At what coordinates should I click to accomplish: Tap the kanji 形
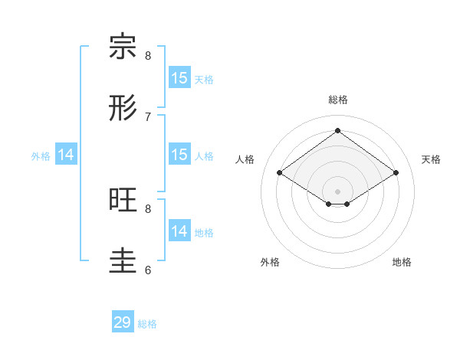[123, 108]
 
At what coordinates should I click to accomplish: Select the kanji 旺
[123, 200]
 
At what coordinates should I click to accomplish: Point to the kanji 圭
[123, 261]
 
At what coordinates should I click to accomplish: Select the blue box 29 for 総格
[123, 322]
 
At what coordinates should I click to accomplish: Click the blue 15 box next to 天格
[179, 78]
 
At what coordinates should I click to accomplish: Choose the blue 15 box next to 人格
[179, 155]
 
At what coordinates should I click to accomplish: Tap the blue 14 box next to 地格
[179, 231]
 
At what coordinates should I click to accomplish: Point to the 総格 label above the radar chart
[337, 100]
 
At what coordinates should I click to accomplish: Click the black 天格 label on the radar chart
[431, 159]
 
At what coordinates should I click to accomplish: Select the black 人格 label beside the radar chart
[245, 159]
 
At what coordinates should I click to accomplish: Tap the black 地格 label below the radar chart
[402, 262]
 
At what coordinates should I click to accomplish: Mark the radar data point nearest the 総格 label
[337, 130]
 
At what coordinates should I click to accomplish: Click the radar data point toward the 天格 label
[396, 173]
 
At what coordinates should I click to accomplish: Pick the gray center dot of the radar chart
[337, 191]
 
